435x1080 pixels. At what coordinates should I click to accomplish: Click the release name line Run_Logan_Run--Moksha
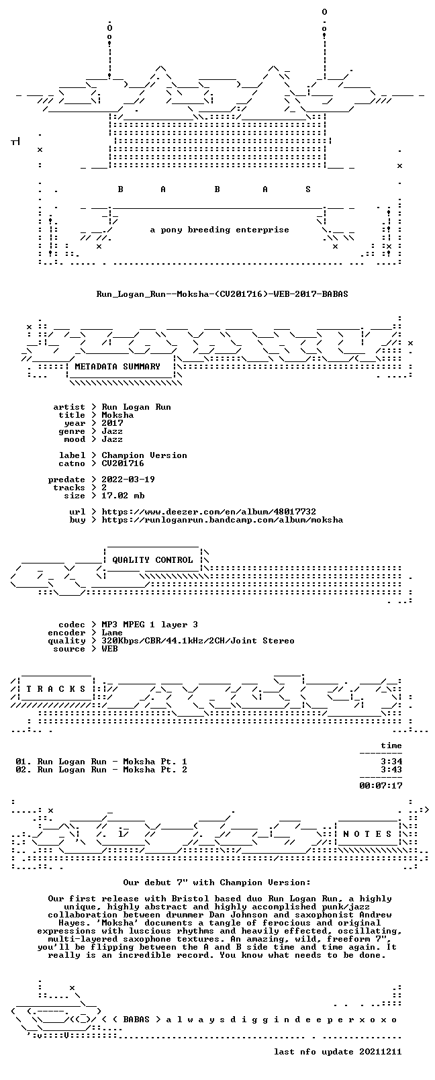point(222,294)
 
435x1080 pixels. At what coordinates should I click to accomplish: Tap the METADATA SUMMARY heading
point(117,367)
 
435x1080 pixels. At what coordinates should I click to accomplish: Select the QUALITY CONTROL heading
point(152,559)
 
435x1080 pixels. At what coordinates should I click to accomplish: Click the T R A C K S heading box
point(56,689)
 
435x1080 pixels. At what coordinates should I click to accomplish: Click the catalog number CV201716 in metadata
point(123,463)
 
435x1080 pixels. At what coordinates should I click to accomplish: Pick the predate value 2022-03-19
point(128,480)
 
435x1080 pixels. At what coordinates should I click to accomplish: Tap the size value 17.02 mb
point(123,496)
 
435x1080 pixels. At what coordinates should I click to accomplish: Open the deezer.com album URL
point(209,512)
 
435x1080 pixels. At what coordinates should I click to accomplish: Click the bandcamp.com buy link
point(222,520)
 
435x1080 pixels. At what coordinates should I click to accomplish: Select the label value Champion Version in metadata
point(144,455)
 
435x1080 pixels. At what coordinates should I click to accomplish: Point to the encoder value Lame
point(111,633)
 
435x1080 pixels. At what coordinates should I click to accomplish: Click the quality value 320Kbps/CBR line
point(198,641)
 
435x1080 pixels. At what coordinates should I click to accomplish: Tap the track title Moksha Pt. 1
point(154,762)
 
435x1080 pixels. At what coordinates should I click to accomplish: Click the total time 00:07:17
point(381,786)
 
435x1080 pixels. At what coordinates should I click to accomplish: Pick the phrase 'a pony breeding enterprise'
point(220,230)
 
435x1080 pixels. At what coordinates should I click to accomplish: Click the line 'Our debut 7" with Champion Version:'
point(217,883)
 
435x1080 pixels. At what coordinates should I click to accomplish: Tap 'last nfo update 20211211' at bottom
point(338,1052)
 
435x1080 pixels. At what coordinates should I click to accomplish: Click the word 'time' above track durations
point(391,746)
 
